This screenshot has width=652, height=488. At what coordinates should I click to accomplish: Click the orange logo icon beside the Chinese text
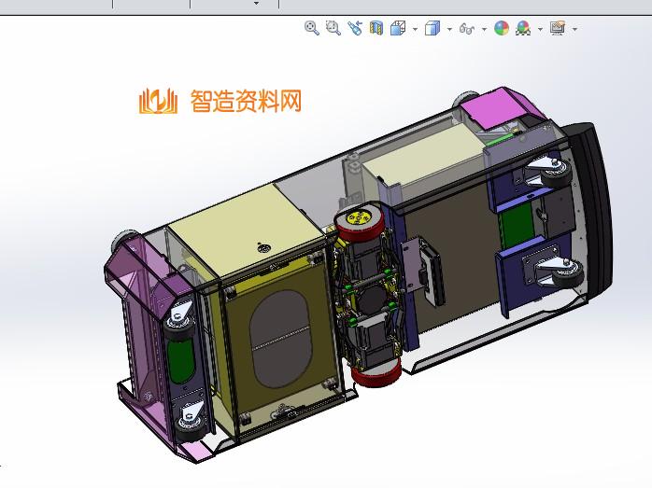(x=157, y=101)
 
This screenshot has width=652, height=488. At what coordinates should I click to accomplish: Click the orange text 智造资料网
(x=246, y=101)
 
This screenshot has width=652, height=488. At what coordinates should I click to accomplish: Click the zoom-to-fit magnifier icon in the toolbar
(x=312, y=29)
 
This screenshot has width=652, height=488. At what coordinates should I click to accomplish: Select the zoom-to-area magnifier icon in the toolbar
(x=333, y=29)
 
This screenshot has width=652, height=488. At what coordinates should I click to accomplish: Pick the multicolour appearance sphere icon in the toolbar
(x=502, y=29)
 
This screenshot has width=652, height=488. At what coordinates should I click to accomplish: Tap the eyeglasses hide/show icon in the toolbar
(x=468, y=29)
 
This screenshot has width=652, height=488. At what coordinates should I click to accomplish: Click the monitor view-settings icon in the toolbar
(x=558, y=29)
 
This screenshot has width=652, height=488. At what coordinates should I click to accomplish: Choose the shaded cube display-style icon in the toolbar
(x=432, y=29)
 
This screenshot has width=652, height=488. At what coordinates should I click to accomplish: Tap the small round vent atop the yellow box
(x=263, y=248)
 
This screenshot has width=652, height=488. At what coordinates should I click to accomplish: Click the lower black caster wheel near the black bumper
(x=568, y=276)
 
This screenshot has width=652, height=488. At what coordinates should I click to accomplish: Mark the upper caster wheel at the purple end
(x=176, y=323)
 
